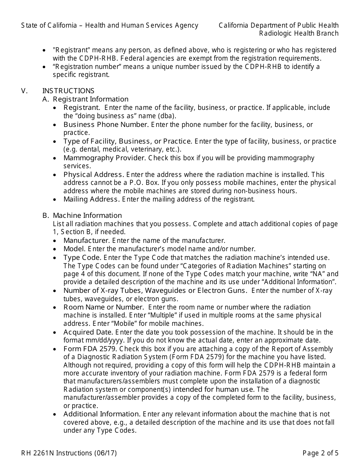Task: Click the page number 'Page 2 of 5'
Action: [320, 453]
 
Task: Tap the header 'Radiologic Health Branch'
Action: [299, 33]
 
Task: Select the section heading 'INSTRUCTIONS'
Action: [68, 91]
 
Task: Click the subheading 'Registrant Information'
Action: [91, 99]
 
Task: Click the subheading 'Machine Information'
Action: [87, 216]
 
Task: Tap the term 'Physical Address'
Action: [93, 175]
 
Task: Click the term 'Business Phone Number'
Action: [106, 125]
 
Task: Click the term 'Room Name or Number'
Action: [103, 307]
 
